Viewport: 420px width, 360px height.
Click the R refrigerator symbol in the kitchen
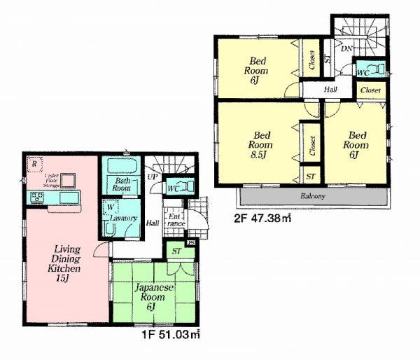pyautogui.click(x=33, y=163)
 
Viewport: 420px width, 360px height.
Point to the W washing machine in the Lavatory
pyautogui.click(x=111, y=208)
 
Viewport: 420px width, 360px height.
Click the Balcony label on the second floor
pyautogui.click(x=312, y=196)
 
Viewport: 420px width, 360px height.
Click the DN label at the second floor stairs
pyautogui.click(x=346, y=48)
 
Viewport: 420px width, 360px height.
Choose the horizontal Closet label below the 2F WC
pyautogui.click(x=370, y=90)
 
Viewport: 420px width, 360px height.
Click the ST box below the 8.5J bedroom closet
pyautogui.click(x=309, y=176)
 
